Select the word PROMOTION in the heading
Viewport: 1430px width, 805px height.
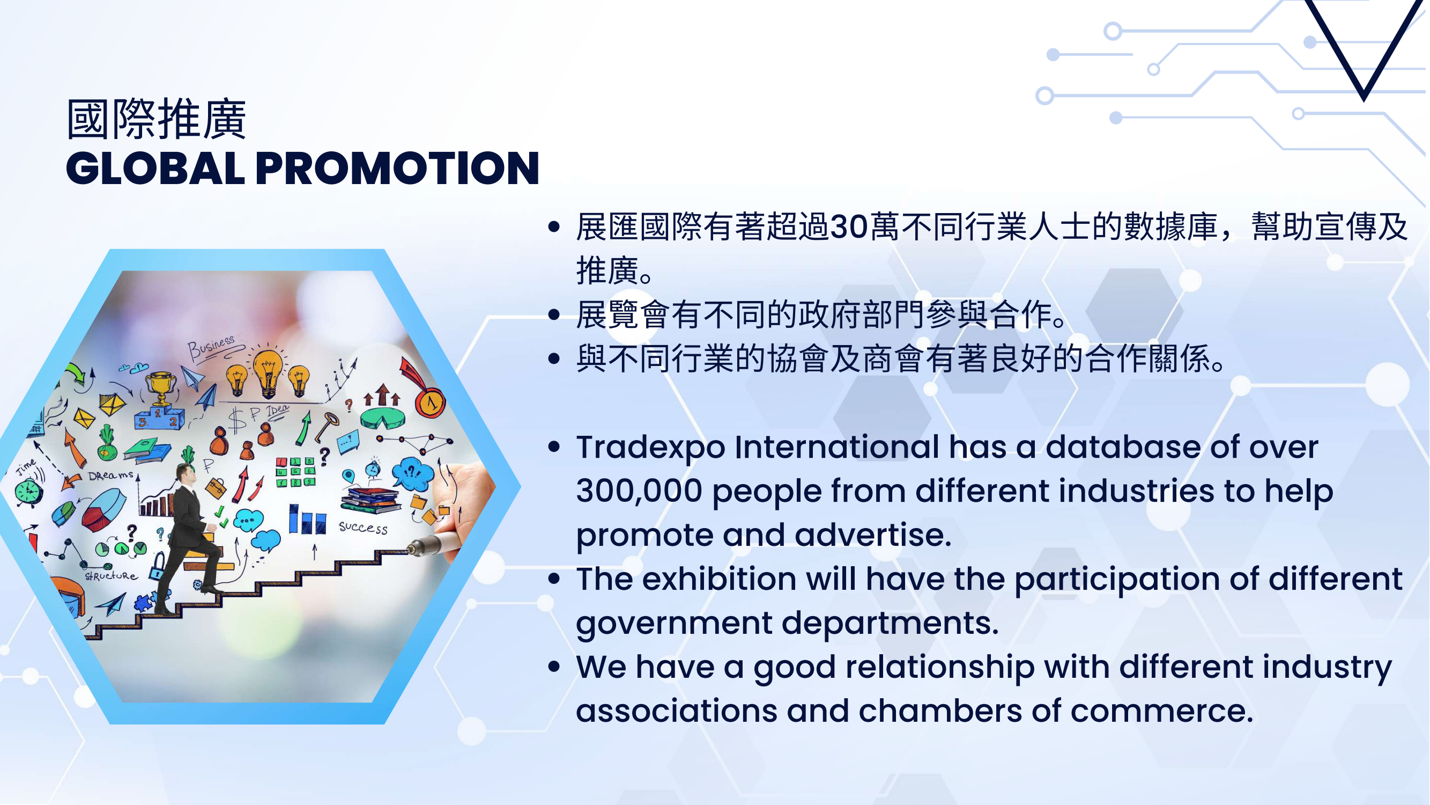(397, 168)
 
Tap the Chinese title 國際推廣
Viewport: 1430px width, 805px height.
(156, 119)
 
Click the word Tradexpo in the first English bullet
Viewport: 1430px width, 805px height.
(650, 448)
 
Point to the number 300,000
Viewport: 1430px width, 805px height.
(639, 491)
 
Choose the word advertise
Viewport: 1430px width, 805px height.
(873, 535)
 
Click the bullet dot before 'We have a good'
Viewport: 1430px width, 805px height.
(553, 667)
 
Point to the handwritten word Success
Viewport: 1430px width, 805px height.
(363, 527)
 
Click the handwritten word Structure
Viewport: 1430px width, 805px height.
(111, 576)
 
